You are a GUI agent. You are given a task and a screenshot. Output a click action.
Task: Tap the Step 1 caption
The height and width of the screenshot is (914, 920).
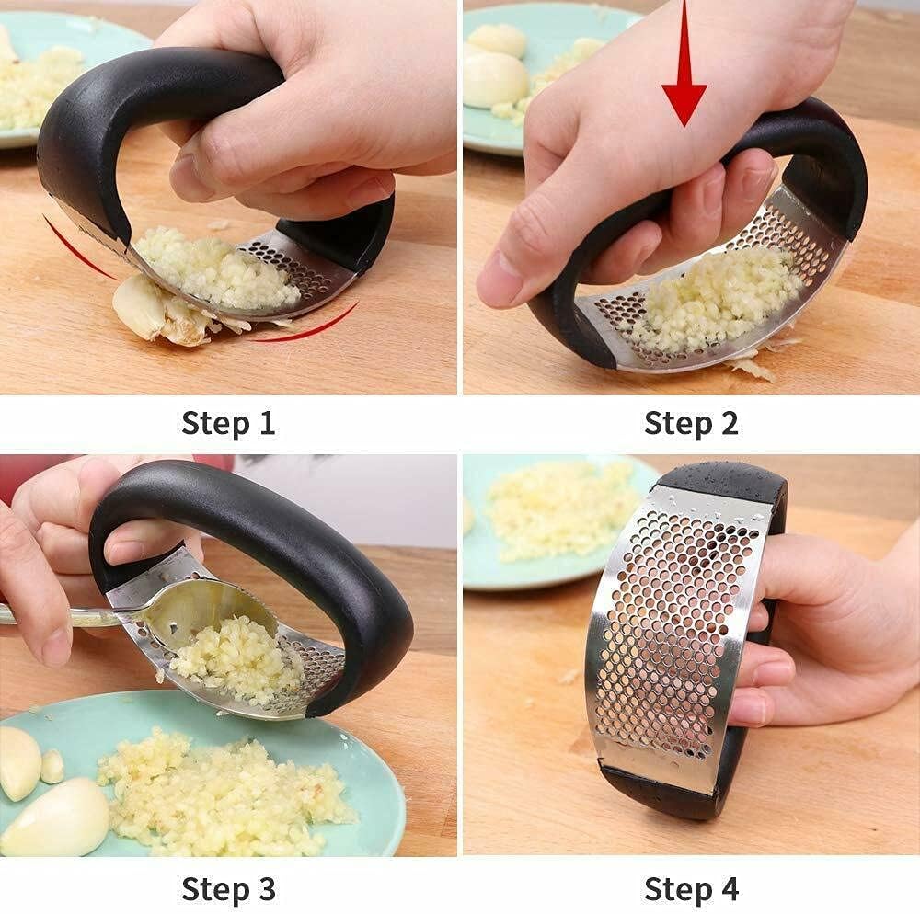[228, 424]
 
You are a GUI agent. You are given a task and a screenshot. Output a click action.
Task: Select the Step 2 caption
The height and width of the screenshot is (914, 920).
[691, 424]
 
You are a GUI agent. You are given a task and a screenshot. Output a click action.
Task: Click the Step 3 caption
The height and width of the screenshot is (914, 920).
[228, 889]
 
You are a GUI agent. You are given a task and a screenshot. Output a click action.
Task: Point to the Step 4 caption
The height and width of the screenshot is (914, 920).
[691, 889]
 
